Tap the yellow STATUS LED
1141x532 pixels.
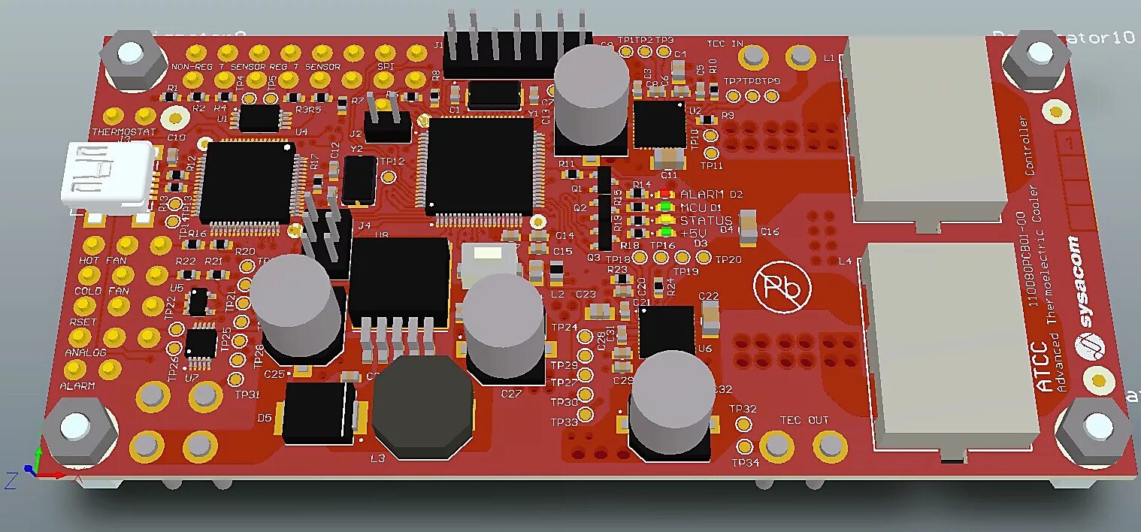click(x=664, y=220)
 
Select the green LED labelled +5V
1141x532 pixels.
click(x=664, y=233)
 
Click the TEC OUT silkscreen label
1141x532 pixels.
click(x=804, y=420)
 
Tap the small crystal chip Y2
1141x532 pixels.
click(x=359, y=180)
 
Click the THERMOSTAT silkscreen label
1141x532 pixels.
click(x=123, y=132)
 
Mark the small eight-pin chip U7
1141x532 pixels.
click(x=201, y=343)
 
